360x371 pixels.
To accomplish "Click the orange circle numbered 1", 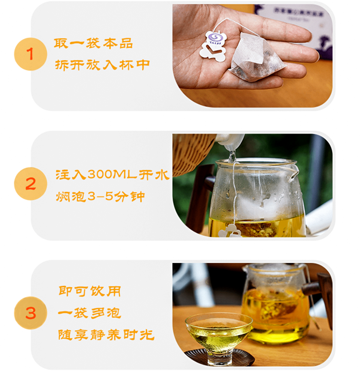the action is coord(31,54).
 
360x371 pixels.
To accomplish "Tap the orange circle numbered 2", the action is coord(31,184).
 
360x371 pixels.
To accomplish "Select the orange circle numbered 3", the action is coord(31,313).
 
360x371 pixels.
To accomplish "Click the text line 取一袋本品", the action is coord(93,44).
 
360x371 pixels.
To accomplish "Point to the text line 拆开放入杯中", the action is coord(102,65).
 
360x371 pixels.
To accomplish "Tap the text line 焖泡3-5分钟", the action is coord(100,196).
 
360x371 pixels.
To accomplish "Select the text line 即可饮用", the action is coord(89,291).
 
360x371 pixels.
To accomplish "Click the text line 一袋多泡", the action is coord(89,313).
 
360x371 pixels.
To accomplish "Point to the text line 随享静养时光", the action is coord(106,334).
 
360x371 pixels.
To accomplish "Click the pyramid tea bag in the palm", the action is coord(257,58).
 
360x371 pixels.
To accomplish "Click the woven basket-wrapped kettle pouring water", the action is coord(193,154).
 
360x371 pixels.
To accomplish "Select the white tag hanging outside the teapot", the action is coord(229,232).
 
